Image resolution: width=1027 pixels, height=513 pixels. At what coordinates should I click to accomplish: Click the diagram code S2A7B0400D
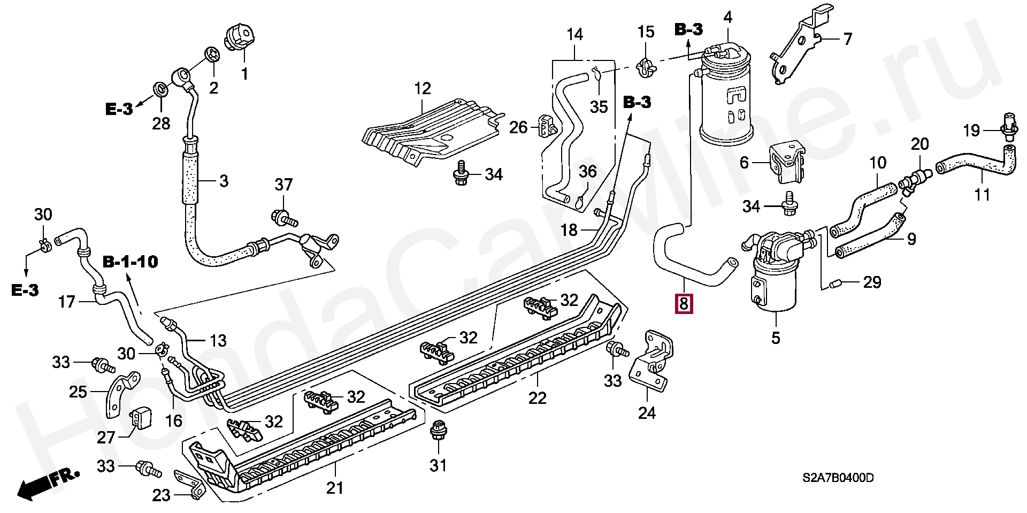[x=838, y=478]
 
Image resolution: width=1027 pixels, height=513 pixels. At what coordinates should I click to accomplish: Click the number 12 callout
[x=423, y=89]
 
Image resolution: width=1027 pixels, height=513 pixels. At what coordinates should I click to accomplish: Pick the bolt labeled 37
[x=281, y=217]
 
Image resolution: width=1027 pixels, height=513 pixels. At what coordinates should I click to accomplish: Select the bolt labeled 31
[x=438, y=432]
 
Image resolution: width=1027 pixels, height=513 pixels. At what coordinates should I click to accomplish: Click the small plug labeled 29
[x=834, y=282]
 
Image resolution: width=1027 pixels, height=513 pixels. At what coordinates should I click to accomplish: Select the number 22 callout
[x=538, y=398]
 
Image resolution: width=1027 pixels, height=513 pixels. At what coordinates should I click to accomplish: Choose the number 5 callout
[x=776, y=338]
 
